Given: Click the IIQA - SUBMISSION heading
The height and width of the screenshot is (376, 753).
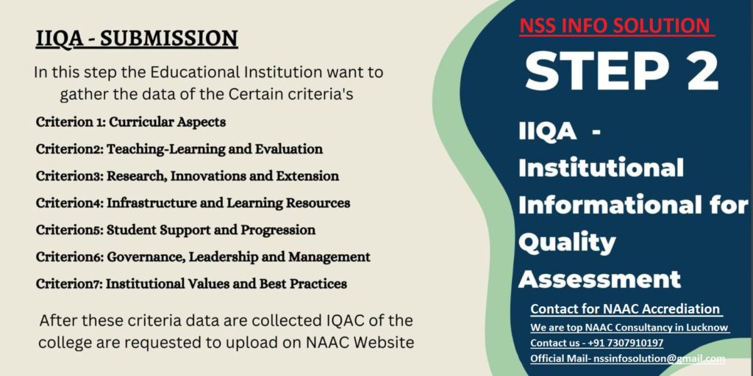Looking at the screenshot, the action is (x=137, y=39).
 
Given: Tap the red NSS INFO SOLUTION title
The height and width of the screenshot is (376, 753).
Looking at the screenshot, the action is (x=617, y=26).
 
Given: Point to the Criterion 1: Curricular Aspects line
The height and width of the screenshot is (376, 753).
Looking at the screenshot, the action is (x=131, y=122).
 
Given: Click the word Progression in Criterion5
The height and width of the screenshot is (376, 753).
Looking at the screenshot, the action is (x=278, y=230).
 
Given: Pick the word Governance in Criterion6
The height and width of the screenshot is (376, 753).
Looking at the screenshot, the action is (x=145, y=257).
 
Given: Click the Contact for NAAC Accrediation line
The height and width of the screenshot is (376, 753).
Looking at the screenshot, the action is (x=625, y=309).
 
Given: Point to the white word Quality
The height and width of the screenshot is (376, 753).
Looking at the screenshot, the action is (x=567, y=243).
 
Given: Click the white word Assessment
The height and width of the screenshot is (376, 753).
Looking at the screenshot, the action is (x=600, y=279).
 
